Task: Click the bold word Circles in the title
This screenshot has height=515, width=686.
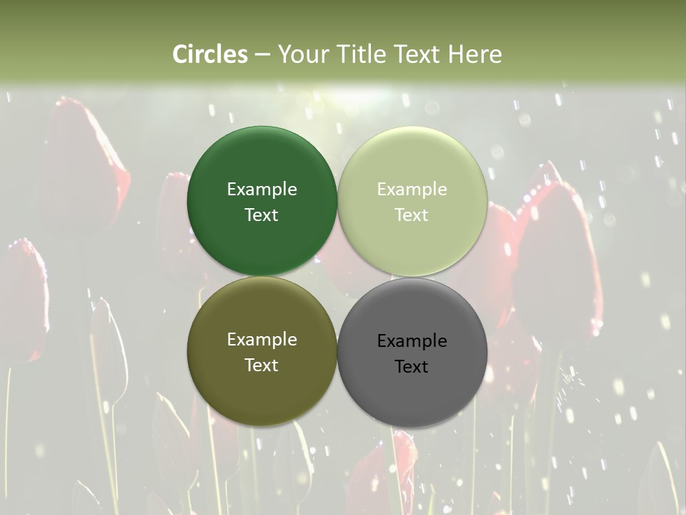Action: [x=210, y=54]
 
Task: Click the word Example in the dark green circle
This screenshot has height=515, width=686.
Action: [x=262, y=189]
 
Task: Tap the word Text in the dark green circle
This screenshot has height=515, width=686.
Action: [x=262, y=215]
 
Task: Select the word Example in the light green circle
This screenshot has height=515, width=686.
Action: [x=412, y=189]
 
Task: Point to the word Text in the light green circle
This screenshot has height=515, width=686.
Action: [x=412, y=215]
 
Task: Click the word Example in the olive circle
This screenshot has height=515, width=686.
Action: [x=262, y=339]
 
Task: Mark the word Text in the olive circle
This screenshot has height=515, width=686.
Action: [x=262, y=365]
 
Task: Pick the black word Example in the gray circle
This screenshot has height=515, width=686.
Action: [x=412, y=340]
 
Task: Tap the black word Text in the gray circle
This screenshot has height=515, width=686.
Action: [x=412, y=366]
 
